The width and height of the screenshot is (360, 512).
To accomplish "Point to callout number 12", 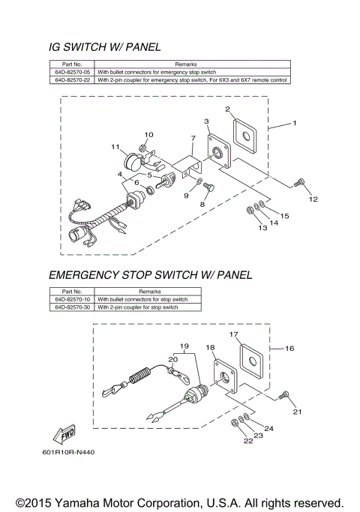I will [x=313, y=199].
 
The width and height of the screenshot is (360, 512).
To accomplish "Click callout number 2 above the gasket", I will [x=227, y=109].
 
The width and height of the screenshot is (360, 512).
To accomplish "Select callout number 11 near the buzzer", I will [x=115, y=146].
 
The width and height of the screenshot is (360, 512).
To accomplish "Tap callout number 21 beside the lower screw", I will [x=297, y=412].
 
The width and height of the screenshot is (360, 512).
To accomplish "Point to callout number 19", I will [x=182, y=346].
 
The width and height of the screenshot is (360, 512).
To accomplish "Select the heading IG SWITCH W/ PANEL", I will [x=104, y=47].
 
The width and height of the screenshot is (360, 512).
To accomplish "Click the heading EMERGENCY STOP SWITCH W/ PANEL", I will [x=150, y=275].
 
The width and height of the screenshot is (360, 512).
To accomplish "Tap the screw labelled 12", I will [x=299, y=182].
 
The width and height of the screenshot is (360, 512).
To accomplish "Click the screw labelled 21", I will [x=283, y=394].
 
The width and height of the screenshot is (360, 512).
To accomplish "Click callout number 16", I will [x=289, y=348].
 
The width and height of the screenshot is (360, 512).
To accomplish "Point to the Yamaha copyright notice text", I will [x=180, y=502].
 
